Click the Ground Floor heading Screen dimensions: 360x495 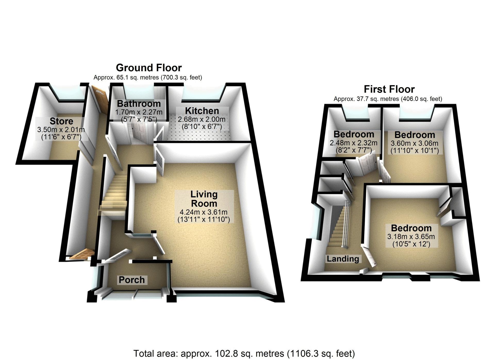point(149,68)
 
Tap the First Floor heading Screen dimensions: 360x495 point(389,89)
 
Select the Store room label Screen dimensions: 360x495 point(61,121)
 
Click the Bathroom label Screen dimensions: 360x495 point(139,104)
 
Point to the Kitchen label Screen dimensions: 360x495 point(202,111)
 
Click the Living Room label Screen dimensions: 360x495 point(204,199)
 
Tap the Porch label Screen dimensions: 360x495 point(132,280)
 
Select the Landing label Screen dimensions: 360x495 point(343,259)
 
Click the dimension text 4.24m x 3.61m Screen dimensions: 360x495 point(203,212)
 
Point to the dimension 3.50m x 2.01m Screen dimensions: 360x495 point(61,129)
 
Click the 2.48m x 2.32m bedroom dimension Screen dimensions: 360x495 point(353,143)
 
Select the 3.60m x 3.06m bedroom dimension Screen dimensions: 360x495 point(415,143)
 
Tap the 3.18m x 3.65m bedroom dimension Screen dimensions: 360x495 point(411,236)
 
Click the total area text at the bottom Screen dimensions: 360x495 point(244,353)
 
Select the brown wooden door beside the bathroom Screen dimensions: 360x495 point(101,99)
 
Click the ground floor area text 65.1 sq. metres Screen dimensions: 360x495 point(147,77)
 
